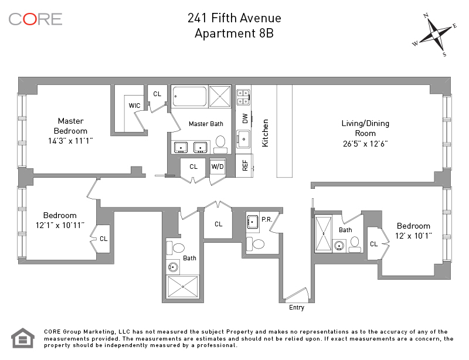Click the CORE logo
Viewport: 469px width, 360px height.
35,19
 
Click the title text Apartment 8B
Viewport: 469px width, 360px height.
234,33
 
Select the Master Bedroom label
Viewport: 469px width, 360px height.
70,126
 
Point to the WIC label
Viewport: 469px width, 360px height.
134,106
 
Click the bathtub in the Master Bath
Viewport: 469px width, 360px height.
189,96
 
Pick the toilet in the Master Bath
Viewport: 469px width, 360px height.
220,142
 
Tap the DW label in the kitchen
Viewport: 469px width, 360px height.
245,118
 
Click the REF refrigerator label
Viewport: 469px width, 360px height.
245,165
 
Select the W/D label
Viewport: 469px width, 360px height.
217,167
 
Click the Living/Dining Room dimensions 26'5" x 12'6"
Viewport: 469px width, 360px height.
365,144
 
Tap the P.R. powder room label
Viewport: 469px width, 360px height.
266,219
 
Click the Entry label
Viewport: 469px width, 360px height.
297,307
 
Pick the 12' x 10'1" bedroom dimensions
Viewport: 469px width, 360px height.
413,236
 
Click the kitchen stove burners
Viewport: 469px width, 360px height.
243,97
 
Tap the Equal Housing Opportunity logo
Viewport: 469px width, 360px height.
23,338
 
